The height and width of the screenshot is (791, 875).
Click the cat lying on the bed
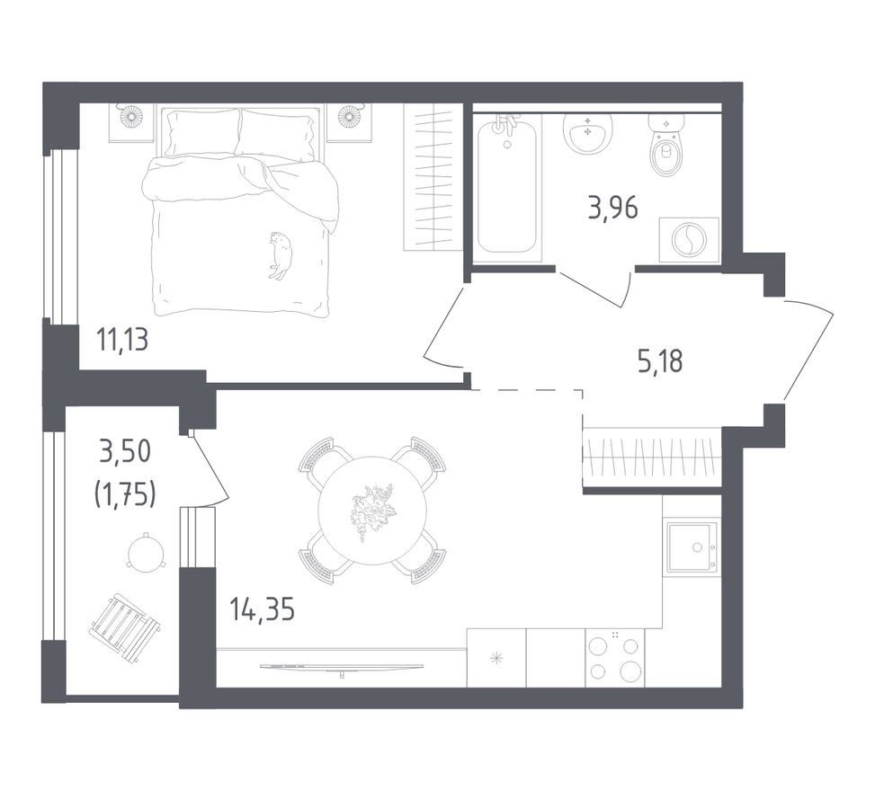point(280,255)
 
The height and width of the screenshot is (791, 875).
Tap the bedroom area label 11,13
point(122,339)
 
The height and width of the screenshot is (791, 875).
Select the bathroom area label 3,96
point(612,208)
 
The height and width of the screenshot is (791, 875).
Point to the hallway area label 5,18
point(660,361)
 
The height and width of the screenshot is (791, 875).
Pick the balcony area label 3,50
point(125,451)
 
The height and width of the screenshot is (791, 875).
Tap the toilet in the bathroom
point(666,145)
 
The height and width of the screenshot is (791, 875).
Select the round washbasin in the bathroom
point(587,132)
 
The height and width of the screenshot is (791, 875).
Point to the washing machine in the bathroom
point(689,240)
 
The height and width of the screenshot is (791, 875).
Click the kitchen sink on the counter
point(692,547)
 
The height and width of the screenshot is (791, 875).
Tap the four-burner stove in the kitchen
point(614,658)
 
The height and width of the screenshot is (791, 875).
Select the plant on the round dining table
point(371,511)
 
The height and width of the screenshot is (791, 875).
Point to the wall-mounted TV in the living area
point(341,667)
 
